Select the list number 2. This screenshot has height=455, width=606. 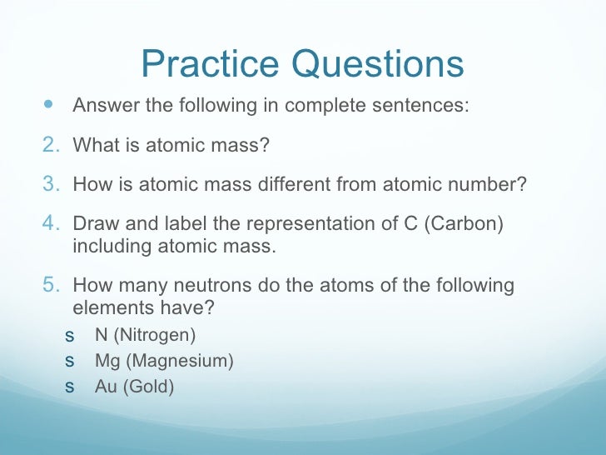[50, 145]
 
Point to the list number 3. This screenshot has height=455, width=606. [50, 184]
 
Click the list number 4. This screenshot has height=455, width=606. [50, 224]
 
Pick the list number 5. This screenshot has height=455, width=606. [50, 286]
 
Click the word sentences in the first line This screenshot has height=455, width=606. [429, 107]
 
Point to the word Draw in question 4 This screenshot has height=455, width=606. [93, 225]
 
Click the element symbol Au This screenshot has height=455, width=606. [106, 387]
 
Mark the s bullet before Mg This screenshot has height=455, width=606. [69, 362]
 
